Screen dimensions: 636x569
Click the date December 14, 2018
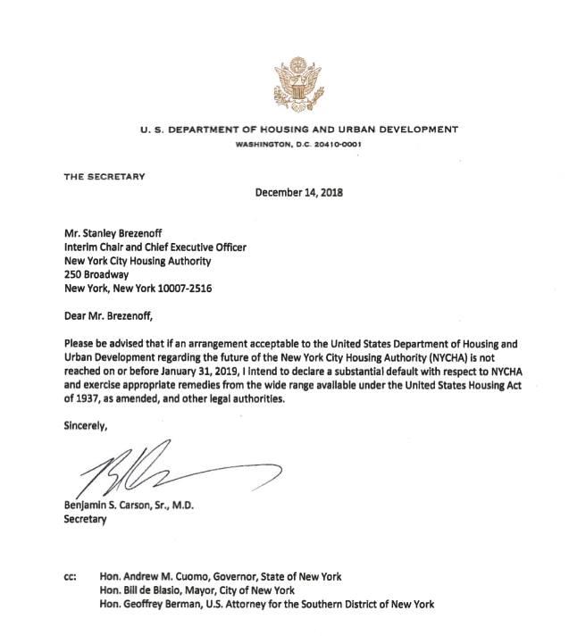click(x=299, y=191)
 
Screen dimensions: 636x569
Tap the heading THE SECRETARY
click(x=104, y=176)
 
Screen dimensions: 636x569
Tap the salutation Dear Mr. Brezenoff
click(x=117, y=315)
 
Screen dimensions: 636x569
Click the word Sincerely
click(x=86, y=427)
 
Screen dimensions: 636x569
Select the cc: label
click(x=71, y=576)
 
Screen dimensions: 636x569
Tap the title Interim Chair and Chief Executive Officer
click(x=154, y=247)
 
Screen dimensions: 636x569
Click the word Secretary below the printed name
click(x=85, y=520)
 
